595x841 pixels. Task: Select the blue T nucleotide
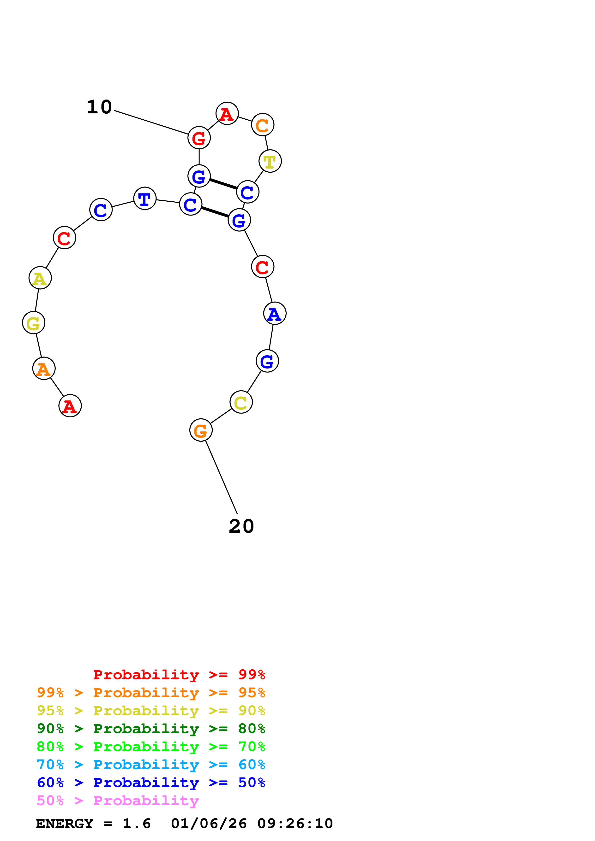pyautogui.click(x=145, y=199)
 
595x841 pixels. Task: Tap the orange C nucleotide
pyautogui.click(x=263, y=124)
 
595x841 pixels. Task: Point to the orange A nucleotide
pyautogui.click(x=44, y=368)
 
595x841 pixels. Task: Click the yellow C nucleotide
pyautogui.click(x=241, y=402)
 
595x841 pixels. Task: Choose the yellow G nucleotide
pyautogui.click(x=33, y=323)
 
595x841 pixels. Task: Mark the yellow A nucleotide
pyautogui.click(x=40, y=278)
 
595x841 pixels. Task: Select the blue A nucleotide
pyautogui.click(x=275, y=314)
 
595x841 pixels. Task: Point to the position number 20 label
pyautogui.click(x=241, y=526)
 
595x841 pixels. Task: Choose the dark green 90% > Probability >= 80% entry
pyautogui.click(x=151, y=729)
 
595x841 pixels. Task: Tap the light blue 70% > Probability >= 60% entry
pyautogui.click(x=151, y=765)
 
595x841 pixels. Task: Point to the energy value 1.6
pyautogui.click(x=136, y=823)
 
